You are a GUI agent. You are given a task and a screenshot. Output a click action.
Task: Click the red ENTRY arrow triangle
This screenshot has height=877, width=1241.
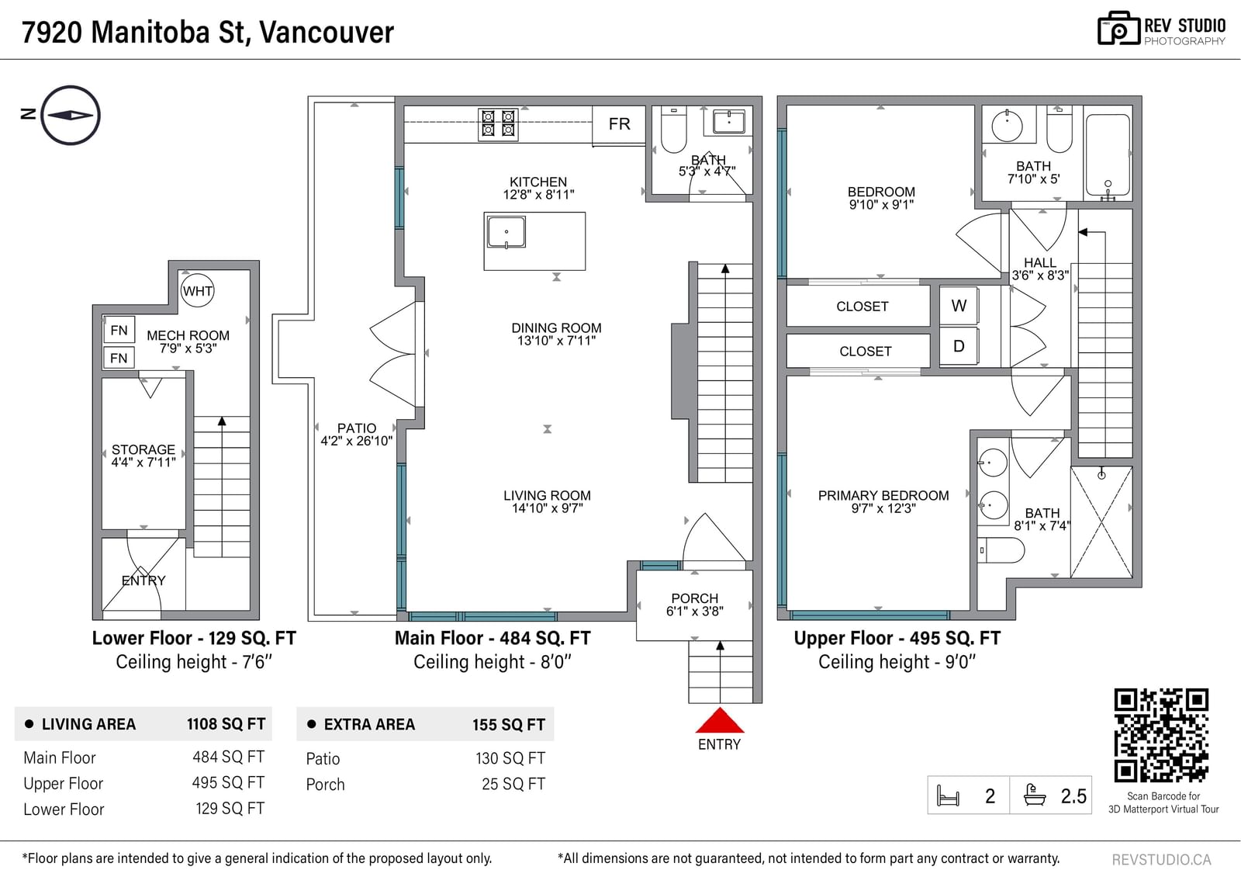(x=720, y=720)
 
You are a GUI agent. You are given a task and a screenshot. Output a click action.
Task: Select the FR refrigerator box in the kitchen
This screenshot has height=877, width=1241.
(x=619, y=124)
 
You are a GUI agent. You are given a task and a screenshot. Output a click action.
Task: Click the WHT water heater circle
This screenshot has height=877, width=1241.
(x=197, y=290)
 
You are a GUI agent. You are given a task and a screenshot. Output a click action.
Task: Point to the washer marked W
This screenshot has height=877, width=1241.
(x=959, y=306)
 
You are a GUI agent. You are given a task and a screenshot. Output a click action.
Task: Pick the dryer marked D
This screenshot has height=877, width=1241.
(x=959, y=346)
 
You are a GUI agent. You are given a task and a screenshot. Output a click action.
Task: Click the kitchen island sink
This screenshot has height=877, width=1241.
(x=506, y=232)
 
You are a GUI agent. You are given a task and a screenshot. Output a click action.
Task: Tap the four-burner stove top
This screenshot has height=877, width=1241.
(x=498, y=123)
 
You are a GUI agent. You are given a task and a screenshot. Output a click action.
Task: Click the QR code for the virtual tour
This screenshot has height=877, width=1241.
(x=1161, y=735)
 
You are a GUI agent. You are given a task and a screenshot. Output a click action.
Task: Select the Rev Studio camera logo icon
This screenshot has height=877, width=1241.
(x=1118, y=28)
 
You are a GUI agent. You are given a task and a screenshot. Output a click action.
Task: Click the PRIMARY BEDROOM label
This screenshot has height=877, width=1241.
(x=883, y=495)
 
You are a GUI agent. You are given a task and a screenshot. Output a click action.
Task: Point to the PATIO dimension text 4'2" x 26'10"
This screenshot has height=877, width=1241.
(x=356, y=442)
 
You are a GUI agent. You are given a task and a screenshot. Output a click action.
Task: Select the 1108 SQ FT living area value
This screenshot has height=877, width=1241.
(x=226, y=724)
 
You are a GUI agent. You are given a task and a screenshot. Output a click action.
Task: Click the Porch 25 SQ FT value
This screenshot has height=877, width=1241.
(x=513, y=784)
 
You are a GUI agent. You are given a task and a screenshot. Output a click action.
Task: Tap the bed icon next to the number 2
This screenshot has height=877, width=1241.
(x=948, y=796)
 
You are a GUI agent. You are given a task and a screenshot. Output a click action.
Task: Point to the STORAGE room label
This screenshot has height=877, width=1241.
(x=143, y=449)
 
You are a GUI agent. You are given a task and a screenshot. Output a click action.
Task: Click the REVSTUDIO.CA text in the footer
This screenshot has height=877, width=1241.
(x=1161, y=859)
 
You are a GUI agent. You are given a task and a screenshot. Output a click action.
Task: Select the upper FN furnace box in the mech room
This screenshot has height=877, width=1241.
(x=119, y=331)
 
